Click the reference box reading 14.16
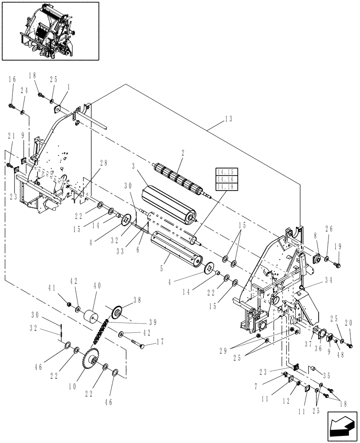pos(227,180)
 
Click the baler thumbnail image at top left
pos(50,31)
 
